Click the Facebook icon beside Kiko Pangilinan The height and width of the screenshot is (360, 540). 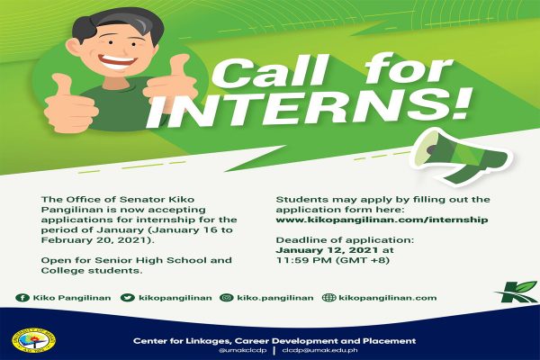point(22,298)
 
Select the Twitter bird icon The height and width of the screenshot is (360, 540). point(128,298)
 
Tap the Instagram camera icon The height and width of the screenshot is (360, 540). point(226,298)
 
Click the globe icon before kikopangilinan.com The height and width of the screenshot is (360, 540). point(328,298)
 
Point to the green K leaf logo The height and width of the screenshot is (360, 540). point(516,292)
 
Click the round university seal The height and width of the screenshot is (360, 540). point(33,341)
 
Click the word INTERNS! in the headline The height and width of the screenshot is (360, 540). point(308,110)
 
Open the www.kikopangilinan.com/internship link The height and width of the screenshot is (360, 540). point(382,220)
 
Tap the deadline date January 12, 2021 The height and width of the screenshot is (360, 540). point(327,250)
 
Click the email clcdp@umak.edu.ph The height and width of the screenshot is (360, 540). point(319,350)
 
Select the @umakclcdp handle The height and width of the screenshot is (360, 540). point(242,350)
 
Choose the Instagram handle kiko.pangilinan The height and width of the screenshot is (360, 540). point(275,298)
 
